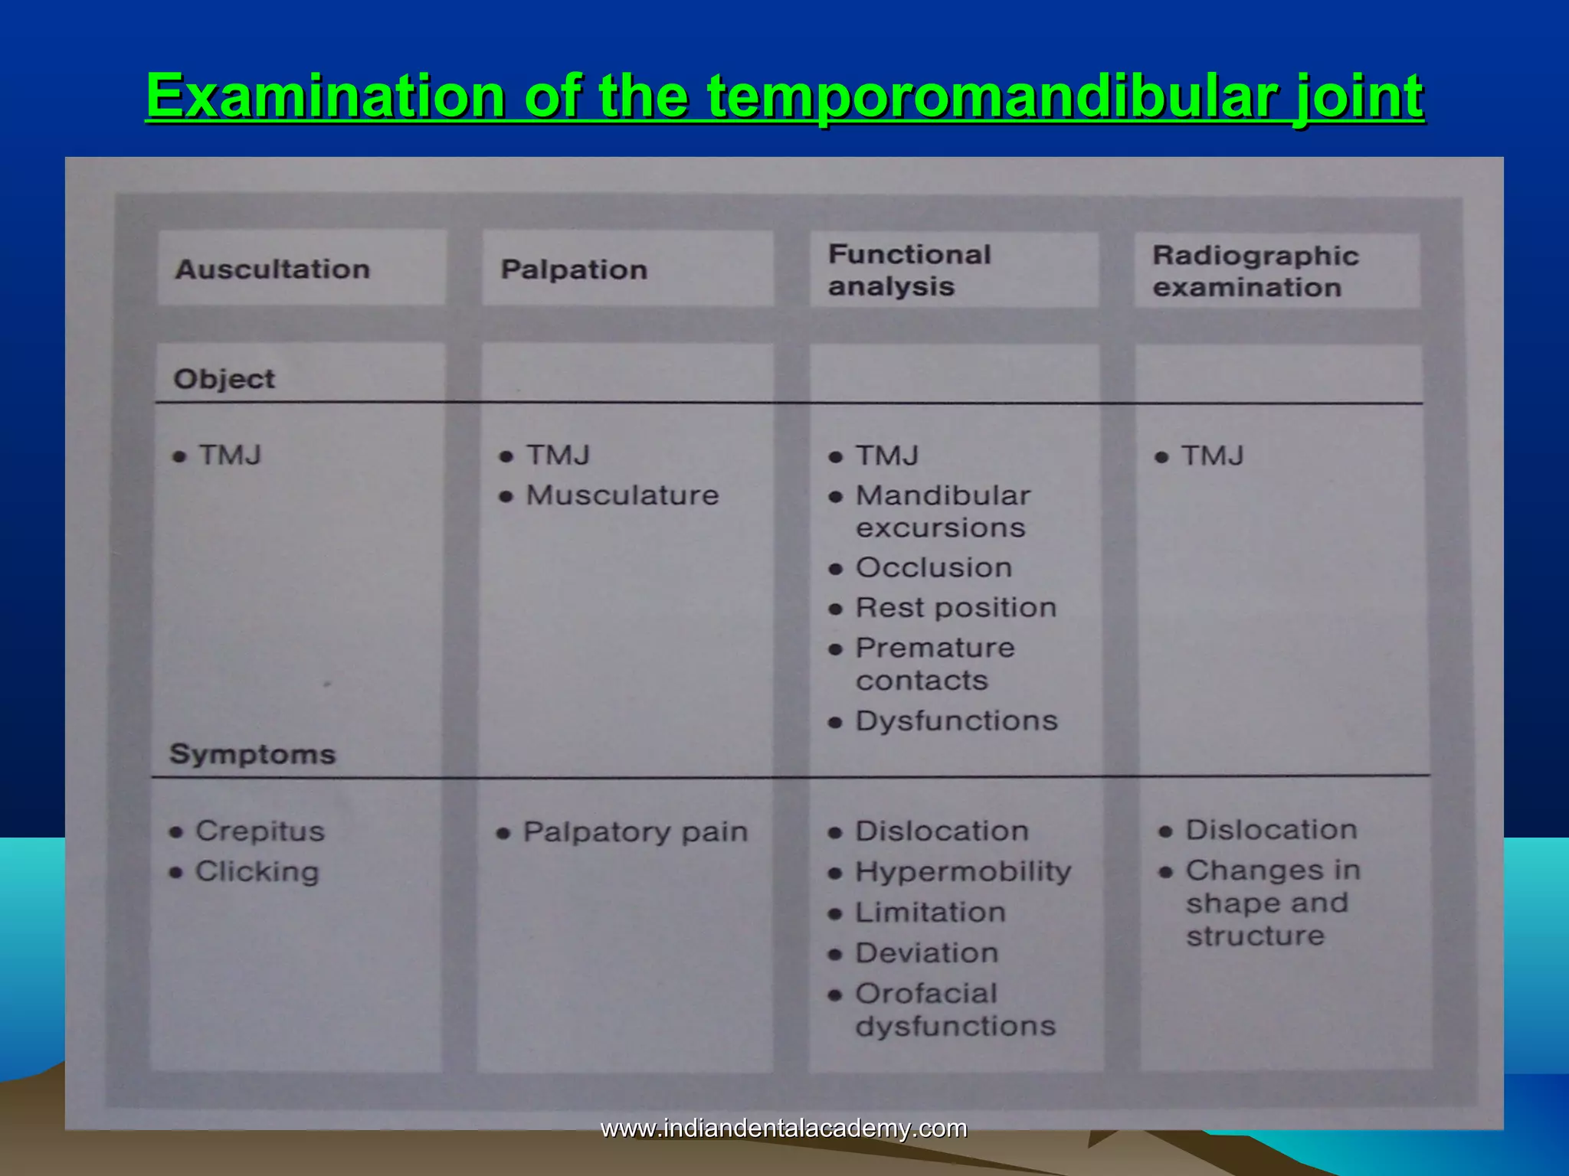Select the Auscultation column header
(273, 269)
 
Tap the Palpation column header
(574, 269)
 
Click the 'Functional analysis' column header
(909, 270)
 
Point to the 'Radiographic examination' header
(1255, 271)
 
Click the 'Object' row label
(224, 379)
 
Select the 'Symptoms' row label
(252, 754)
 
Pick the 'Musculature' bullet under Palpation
(622, 495)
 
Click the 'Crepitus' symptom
(260, 831)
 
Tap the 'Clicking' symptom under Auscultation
(257, 871)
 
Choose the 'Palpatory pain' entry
(635, 832)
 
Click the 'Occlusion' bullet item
(933, 568)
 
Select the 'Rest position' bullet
(955, 608)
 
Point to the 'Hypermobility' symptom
(963, 872)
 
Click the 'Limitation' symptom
(930, 913)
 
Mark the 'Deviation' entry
(927, 953)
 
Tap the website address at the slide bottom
(784, 1128)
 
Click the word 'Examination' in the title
(325, 97)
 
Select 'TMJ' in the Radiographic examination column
(1212, 456)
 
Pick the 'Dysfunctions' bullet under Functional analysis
(956, 721)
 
